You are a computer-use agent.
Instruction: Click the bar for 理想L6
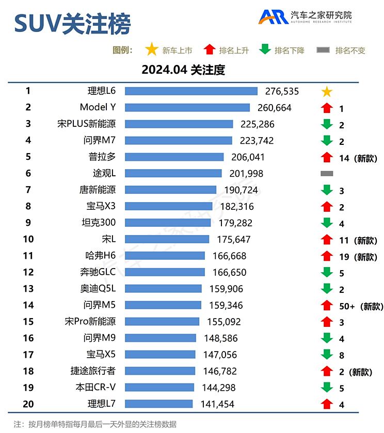tap(191, 91)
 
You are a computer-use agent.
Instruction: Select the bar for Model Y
tap(187, 108)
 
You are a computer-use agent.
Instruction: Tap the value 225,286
tap(257, 124)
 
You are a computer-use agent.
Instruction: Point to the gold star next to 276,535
tap(326, 92)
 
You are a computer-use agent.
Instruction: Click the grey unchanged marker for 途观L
tap(326, 174)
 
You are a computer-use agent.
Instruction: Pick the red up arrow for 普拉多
tap(326, 158)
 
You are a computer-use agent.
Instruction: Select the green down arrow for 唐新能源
tap(326, 190)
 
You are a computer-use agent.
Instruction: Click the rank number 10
tap(28, 239)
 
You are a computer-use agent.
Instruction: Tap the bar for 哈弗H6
tap(165, 256)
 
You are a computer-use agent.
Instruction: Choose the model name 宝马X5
tap(101, 354)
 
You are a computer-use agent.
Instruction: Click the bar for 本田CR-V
tap(159, 387)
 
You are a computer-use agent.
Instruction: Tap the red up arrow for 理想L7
tap(326, 404)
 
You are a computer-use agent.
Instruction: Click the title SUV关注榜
tap(72, 23)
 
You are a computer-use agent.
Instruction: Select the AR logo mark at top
tap(273, 17)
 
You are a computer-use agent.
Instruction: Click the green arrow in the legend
tap(264, 50)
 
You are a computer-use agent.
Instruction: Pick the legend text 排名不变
tap(350, 51)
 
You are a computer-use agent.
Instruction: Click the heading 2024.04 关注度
tap(183, 70)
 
